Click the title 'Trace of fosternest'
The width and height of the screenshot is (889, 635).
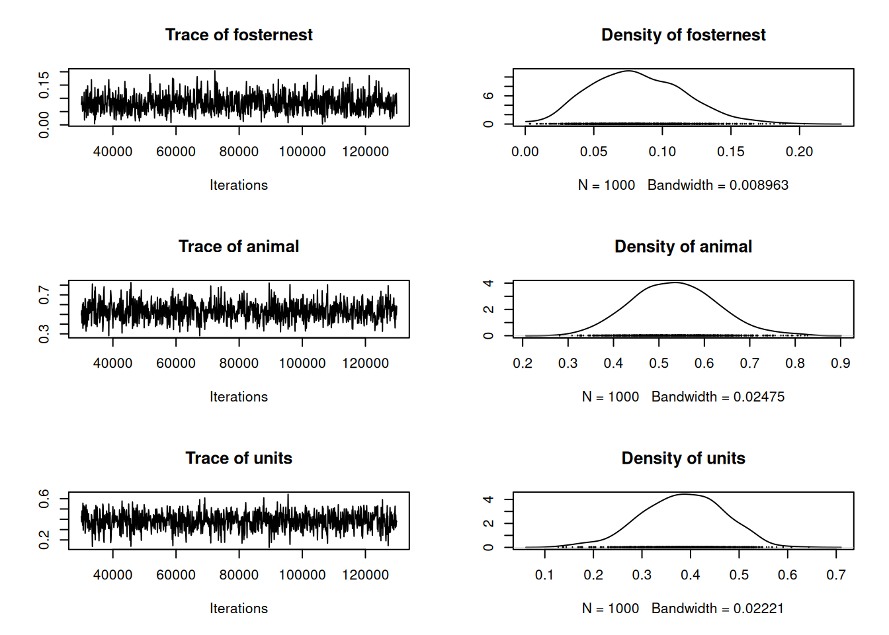(238, 35)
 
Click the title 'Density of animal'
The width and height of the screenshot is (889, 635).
(683, 247)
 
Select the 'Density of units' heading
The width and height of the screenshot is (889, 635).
(683, 458)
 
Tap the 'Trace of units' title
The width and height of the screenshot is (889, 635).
(238, 458)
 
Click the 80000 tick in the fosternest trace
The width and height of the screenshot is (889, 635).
(239, 151)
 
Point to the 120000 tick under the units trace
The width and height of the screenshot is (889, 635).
(365, 575)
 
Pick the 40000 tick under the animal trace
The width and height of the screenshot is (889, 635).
(112, 363)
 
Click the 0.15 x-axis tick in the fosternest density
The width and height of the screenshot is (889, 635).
(730, 151)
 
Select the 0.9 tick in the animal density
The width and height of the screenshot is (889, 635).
(840, 363)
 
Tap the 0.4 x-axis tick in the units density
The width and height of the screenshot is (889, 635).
(690, 575)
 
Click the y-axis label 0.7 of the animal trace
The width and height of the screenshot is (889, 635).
(44, 294)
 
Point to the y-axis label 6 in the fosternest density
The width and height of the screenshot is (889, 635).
(489, 96)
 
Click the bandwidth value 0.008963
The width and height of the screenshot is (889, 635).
(759, 185)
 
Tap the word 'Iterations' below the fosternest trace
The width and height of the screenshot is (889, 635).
(238, 185)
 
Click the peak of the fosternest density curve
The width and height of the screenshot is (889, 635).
(628, 71)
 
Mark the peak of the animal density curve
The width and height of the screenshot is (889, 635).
(675, 282)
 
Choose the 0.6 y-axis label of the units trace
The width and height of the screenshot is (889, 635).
(44, 498)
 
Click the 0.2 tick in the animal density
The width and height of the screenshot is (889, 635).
(523, 363)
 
